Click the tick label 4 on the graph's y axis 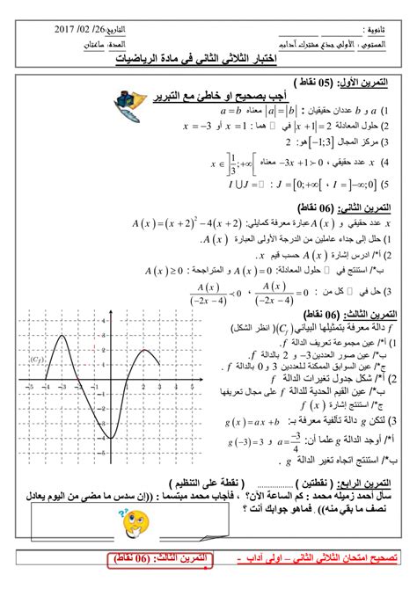point(105,323)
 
